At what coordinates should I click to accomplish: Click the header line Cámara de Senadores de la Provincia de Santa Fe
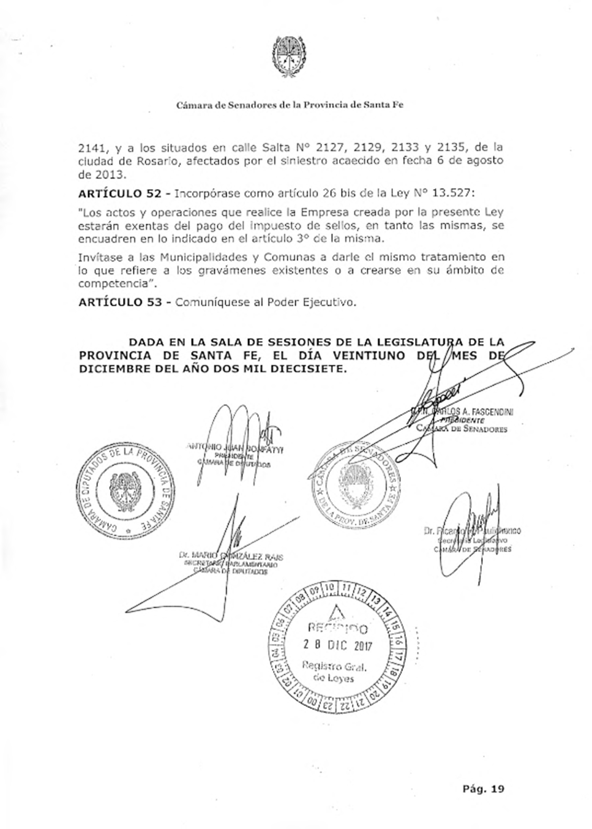[x=290, y=105]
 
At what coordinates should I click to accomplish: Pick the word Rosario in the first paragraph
[x=153, y=160]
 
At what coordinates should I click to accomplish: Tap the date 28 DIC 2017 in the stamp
[x=337, y=645]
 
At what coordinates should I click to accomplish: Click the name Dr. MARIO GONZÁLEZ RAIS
[x=230, y=556]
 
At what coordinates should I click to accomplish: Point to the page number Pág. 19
[x=483, y=789]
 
